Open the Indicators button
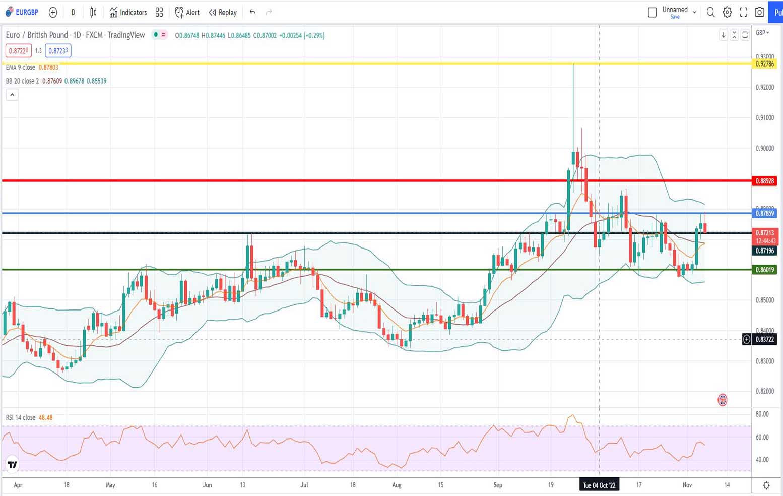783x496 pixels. point(128,12)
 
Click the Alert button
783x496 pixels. point(187,12)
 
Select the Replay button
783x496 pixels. point(223,12)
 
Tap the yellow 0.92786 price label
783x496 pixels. point(764,64)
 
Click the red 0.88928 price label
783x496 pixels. point(764,181)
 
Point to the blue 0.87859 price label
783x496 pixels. point(764,213)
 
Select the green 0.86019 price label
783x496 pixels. point(764,270)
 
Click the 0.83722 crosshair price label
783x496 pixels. point(764,339)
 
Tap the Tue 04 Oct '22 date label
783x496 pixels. point(599,485)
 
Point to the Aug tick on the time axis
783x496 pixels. point(397,485)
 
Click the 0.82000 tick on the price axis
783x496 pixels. point(764,391)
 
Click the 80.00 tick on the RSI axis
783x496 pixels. point(762,414)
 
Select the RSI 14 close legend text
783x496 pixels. point(21,418)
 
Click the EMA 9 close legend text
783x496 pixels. point(21,67)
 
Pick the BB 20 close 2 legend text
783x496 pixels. point(22,81)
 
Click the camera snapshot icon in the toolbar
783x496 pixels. point(759,12)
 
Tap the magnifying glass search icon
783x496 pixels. point(710,12)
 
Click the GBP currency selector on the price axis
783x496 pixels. point(762,33)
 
